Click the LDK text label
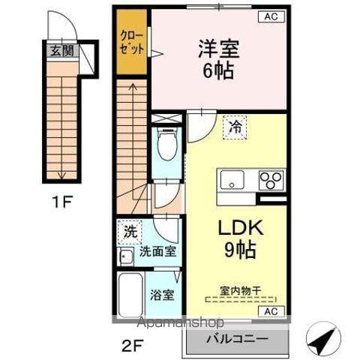[x=237, y=226]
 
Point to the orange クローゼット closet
[x=133, y=43]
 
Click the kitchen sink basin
[x=230, y=180]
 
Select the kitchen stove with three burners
[x=271, y=180]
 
